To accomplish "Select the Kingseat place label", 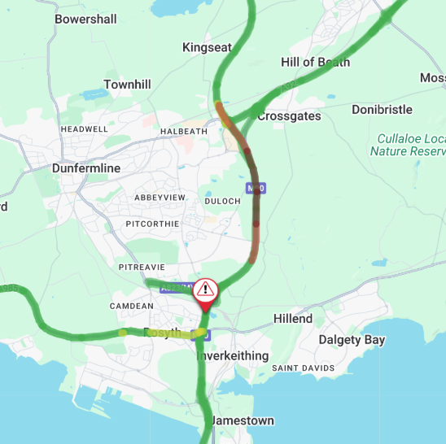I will [207, 47].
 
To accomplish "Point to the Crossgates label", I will [289, 116].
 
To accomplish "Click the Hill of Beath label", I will [315, 63].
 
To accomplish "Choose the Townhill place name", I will [128, 85].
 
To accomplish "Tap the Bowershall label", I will [85, 19].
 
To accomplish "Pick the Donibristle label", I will [383, 109].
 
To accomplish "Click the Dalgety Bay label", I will [352, 340].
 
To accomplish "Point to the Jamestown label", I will [242, 420].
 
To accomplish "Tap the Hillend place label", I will [292, 319].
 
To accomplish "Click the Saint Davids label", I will [303, 368].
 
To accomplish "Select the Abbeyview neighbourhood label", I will [160, 198].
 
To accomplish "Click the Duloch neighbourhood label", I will [222, 201].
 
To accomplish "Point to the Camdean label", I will [131, 306].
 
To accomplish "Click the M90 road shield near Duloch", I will [259, 189].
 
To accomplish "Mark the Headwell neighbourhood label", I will [84, 129].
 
